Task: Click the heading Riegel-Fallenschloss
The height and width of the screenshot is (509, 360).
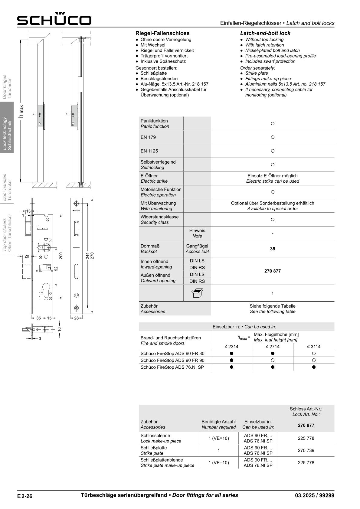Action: pos(162,33)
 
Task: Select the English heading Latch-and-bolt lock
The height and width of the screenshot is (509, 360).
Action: pos(265,33)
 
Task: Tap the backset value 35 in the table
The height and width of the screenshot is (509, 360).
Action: pos(273,249)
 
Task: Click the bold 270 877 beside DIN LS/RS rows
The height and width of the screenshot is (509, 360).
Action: pos(273,271)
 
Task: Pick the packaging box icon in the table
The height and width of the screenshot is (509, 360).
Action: pos(197,293)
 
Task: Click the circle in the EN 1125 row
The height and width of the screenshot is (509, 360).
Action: pos(273,151)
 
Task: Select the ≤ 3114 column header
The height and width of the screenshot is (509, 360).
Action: pos(314,347)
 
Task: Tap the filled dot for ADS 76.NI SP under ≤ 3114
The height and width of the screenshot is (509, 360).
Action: pos(314,367)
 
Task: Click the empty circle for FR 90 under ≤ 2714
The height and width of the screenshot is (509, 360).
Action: pos(273,360)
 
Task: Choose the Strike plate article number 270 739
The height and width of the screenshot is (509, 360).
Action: pos(306,450)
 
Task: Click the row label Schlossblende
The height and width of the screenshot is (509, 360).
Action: pos(155,436)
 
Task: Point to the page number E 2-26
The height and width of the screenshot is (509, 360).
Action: pos(25,496)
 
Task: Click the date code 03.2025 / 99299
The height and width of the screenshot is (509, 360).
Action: pos(315,495)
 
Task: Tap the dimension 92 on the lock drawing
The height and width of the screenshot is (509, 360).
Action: pos(56,269)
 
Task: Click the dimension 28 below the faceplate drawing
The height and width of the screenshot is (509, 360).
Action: pos(76,318)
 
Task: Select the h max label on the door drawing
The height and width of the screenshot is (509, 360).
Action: pos(21,111)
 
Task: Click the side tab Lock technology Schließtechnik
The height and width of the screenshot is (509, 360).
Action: pos(7,133)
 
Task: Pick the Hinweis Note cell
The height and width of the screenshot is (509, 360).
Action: pos(197,233)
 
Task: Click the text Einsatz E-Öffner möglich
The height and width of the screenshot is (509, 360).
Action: pos(273,176)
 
